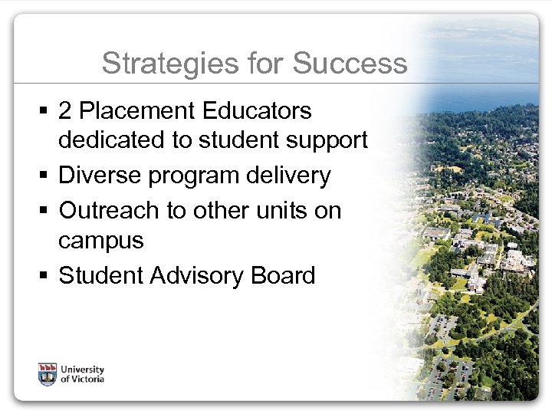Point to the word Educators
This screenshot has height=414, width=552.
[262, 112]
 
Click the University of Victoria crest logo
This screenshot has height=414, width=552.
[48, 374]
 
